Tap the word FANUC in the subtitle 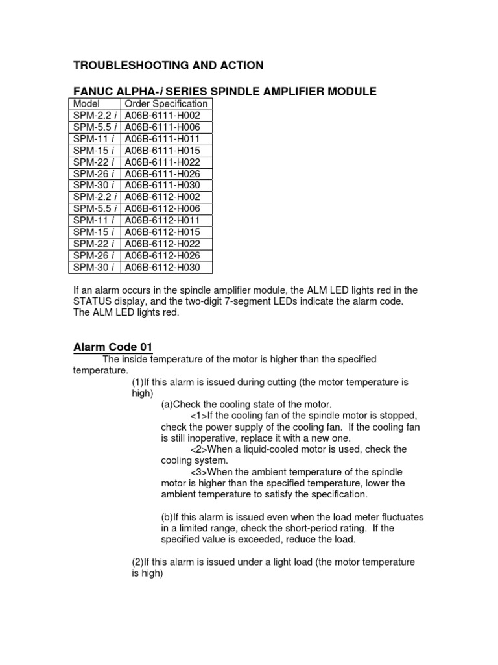click(x=92, y=92)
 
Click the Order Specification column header click(x=166, y=104)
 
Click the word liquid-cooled click(x=268, y=449)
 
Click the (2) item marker click(x=137, y=562)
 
